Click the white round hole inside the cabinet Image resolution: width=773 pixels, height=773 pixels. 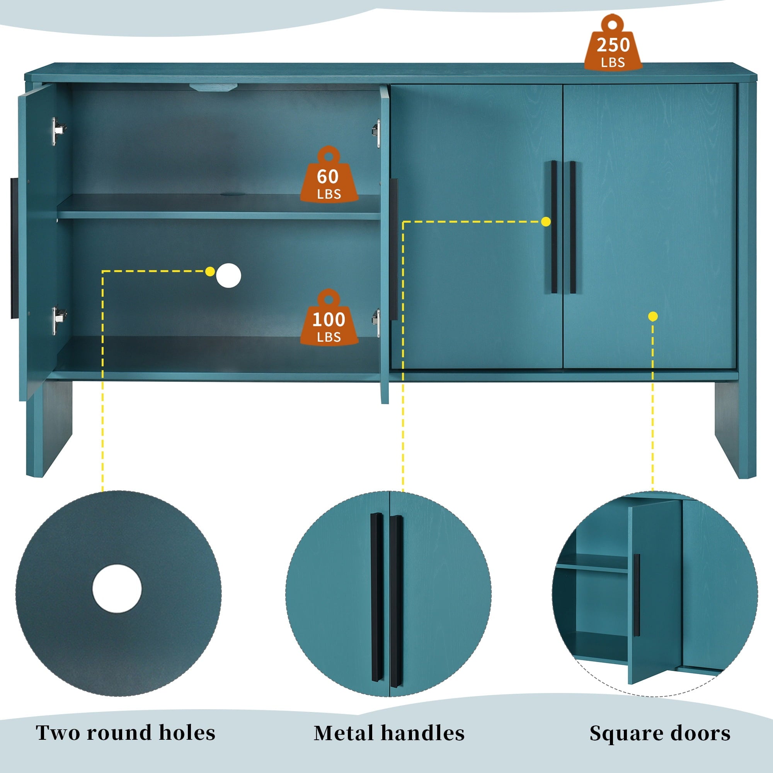[x=228, y=275]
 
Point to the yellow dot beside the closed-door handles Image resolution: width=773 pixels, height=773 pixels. [x=546, y=221]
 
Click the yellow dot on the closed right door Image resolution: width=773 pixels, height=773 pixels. [x=653, y=317]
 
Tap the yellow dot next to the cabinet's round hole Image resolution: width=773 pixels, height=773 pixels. [x=209, y=272]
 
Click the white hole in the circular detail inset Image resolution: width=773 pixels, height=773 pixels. [x=117, y=589]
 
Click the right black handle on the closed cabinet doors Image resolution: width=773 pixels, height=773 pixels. [x=572, y=227]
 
